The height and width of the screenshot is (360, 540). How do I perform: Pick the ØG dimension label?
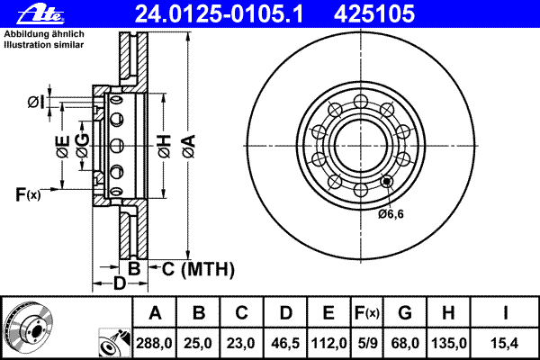[82, 149]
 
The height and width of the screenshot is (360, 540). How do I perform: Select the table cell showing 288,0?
[155, 343]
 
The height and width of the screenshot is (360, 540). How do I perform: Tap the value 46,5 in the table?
[284, 343]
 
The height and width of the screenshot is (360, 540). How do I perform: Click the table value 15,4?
[507, 343]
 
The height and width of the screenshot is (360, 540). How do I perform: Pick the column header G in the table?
[405, 314]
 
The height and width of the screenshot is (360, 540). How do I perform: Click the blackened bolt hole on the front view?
[387, 181]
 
